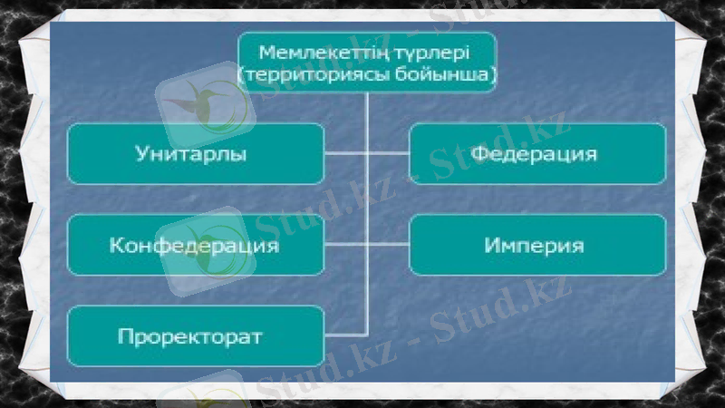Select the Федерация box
pyautogui.click(x=538, y=153)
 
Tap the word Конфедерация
pyautogui.click(x=194, y=245)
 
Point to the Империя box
pyautogui.click(x=538, y=245)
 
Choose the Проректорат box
pyautogui.click(x=195, y=337)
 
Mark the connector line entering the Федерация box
pyautogui.click(x=388, y=153)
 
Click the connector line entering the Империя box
pyautogui.click(x=388, y=245)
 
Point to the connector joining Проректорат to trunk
pyautogui.click(x=345, y=335)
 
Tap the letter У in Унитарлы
pyautogui.click(x=140, y=153)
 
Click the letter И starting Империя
pyautogui.click(x=490, y=245)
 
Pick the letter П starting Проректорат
pyautogui.click(x=123, y=337)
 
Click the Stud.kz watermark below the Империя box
pyautogui.click(x=507, y=308)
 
